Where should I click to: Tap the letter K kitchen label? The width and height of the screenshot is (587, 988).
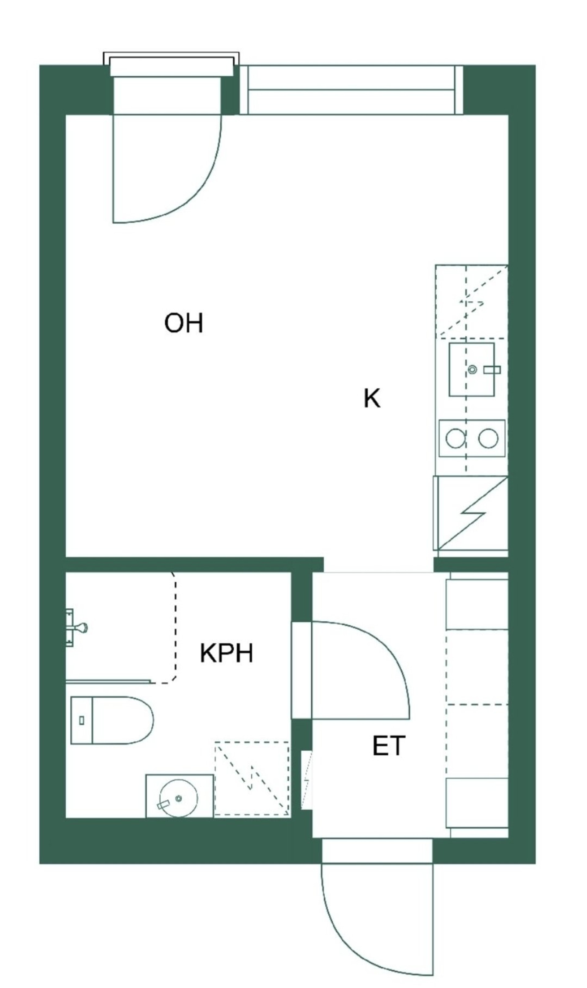[372, 398]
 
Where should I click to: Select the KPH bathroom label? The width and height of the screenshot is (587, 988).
[226, 653]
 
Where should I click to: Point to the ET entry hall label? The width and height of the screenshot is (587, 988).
[389, 746]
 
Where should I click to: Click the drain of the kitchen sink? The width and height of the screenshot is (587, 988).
[472, 370]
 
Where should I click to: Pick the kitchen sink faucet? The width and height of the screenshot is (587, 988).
[492, 370]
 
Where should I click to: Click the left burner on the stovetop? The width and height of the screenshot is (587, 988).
[455, 439]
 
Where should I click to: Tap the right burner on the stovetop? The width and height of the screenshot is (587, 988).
[488, 439]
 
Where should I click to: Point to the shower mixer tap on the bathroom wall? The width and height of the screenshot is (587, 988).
[76, 628]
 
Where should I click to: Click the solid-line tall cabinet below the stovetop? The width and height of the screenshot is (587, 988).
[471, 513]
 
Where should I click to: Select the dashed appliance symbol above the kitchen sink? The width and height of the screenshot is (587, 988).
[471, 302]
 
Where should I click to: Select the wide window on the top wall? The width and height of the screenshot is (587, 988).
[351, 90]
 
